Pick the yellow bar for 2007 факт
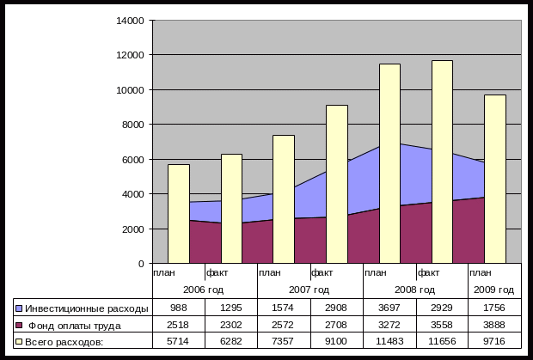[x=337, y=184]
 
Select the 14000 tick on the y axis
[x=132, y=20]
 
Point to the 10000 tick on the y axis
[x=132, y=89]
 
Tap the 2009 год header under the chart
[x=495, y=290]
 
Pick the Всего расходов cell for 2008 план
[x=389, y=342]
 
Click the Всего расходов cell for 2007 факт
[x=337, y=342]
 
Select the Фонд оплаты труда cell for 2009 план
[x=495, y=326]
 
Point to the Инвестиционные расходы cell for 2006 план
[x=179, y=308]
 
